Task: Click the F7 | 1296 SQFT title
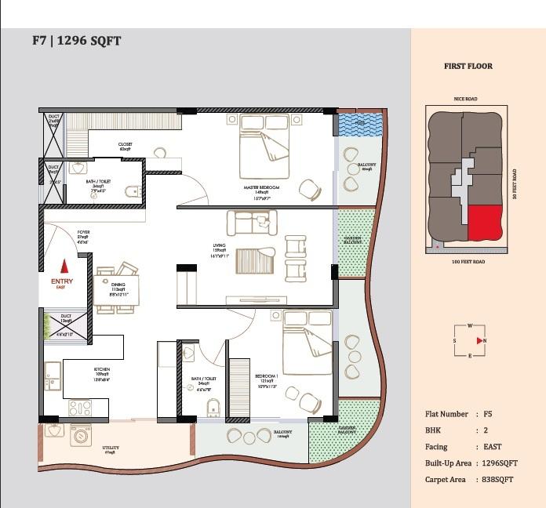click(x=76, y=40)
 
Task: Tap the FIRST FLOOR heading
click(x=468, y=67)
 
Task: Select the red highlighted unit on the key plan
click(x=486, y=223)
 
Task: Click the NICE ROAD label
click(x=465, y=100)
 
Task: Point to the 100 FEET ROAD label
click(x=468, y=261)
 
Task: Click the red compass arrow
click(x=480, y=340)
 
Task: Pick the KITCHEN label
click(x=102, y=368)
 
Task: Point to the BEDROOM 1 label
click(x=267, y=376)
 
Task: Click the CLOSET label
click(x=125, y=144)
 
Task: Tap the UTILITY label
click(x=111, y=448)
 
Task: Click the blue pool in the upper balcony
click(x=358, y=125)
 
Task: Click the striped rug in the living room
click(x=255, y=260)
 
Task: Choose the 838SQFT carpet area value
click(x=498, y=480)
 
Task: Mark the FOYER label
click(x=83, y=233)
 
